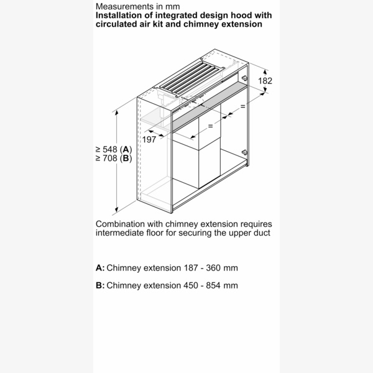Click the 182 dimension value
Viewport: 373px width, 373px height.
click(x=265, y=81)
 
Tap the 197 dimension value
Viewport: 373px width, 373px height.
click(x=149, y=139)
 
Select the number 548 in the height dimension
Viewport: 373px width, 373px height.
click(x=110, y=149)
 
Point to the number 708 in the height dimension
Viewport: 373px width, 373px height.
click(x=110, y=158)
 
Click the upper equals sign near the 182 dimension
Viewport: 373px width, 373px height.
click(x=242, y=106)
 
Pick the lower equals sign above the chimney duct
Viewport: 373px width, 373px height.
click(x=210, y=126)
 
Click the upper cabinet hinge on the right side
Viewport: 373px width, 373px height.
click(x=244, y=78)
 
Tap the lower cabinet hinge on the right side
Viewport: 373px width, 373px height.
click(x=244, y=152)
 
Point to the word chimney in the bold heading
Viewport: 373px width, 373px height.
click(x=201, y=24)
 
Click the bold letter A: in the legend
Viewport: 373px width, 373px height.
click(x=100, y=268)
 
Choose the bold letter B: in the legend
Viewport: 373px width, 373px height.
click(x=100, y=285)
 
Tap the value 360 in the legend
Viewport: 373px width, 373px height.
click(x=213, y=268)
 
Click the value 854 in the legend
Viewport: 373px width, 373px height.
click(x=213, y=285)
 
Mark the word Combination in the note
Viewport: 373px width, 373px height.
click(x=120, y=224)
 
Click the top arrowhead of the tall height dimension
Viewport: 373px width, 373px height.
click(x=117, y=113)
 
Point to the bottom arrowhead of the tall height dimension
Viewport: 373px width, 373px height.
click(x=117, y=210)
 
